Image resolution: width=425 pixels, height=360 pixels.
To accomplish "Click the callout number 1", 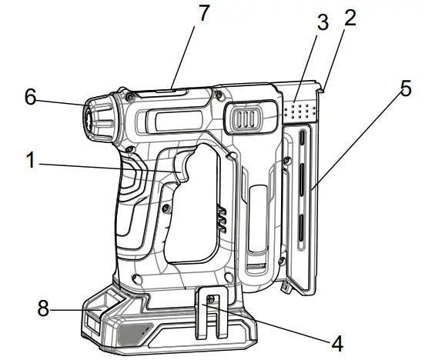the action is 31,160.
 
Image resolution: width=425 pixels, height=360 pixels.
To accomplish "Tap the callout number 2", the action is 350,18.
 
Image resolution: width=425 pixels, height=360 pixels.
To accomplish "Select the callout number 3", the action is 323,22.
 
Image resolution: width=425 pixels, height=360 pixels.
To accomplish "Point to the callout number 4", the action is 337,344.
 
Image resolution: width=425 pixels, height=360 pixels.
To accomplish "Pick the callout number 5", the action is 406,88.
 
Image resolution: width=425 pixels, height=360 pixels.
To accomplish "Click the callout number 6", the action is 30,97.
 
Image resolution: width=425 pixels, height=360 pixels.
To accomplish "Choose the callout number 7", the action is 204,13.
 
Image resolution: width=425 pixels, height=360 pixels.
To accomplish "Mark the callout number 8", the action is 43,308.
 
